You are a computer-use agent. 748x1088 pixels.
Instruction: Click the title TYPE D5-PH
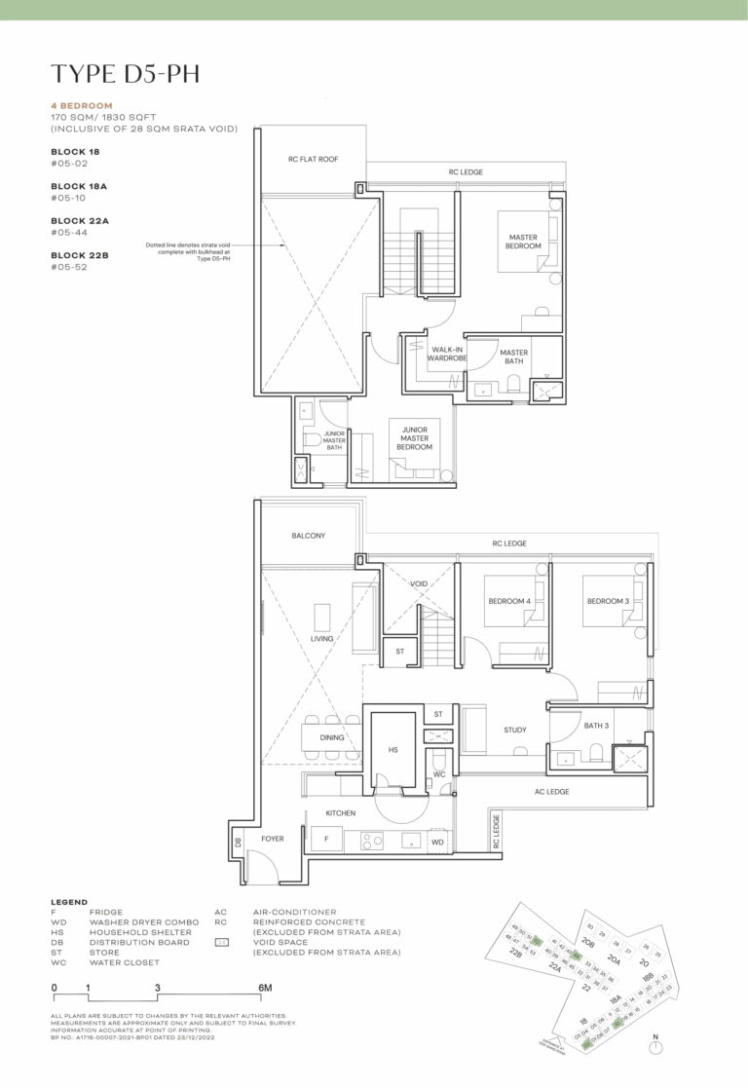(x=126, y=73)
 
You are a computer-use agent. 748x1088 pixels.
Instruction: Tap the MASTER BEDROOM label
(x=523, y=242)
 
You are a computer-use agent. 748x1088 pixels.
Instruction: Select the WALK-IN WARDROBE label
(x=447, y=353)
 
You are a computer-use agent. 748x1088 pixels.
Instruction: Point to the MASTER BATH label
(x=513, y=356)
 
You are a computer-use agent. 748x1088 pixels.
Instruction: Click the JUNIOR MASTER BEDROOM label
(x=414, y=435)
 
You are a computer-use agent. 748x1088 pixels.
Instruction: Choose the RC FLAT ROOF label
(x=313, y=159)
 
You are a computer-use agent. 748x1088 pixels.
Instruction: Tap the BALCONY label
(x=308, y=536)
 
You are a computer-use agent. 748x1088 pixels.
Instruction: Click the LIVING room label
(x=322, y=639)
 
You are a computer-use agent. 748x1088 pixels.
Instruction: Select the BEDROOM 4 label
(x=508, y=601)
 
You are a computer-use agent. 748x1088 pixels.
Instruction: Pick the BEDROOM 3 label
(x=608, y=601)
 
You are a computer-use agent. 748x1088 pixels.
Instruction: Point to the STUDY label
(x=515, y=729)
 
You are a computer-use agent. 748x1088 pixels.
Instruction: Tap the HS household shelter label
(x=393, y=750)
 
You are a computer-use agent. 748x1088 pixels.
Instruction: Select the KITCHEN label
(x=341, y=812)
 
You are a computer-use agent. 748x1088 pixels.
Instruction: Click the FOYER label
(x=272, y=838)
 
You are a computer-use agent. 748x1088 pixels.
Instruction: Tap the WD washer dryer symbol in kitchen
(x=437, y=841)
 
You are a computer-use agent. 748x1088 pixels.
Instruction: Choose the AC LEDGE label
(x=550, y=792)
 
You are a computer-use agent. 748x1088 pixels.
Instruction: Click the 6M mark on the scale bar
(x=263, y=988)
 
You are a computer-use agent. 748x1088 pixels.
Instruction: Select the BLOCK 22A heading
(x=80, y=221)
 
